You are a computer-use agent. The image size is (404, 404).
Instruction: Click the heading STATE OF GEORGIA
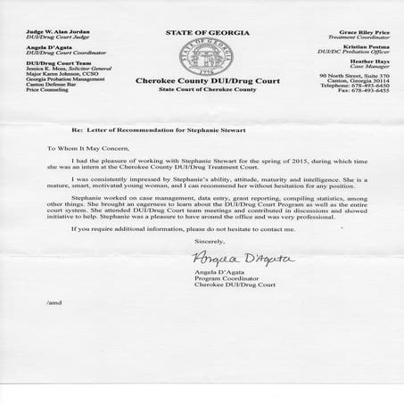(202, 33)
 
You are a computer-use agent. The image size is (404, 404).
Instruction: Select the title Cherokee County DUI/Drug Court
(202, 103)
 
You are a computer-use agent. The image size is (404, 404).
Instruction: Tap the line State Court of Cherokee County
(202, 113)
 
